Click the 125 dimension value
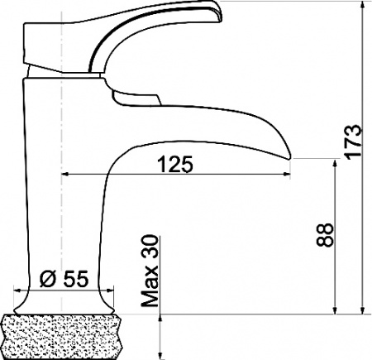175,164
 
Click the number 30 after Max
150,247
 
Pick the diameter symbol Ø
47,278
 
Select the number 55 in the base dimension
74,278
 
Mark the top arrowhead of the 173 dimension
363,7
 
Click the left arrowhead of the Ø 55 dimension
19,290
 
